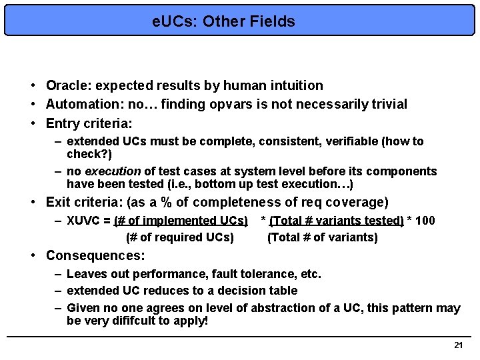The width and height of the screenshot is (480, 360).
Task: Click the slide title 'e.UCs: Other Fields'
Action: pos(223,21)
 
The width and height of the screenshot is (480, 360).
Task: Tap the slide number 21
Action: pos(458,345)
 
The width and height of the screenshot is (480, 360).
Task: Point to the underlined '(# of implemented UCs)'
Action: pos(181,221)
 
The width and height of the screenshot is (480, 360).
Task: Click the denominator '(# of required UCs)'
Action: pos(179,237)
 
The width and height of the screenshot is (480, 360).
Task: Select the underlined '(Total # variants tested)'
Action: pos(337,221)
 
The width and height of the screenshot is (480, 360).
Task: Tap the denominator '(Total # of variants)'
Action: pos(323,237)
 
